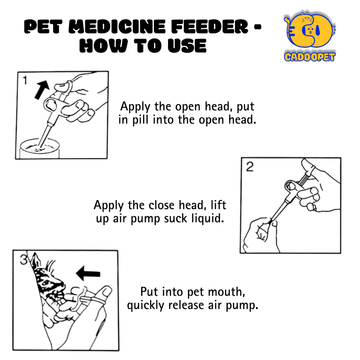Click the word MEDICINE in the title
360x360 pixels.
click(117, 27)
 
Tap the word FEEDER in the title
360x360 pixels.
click(210, 27)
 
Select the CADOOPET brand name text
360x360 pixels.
click(309, 57)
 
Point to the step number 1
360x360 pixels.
click(25, 81)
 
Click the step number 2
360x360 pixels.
click(250, 167)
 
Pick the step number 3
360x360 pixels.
click(24, 260)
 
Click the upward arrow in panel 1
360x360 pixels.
click(42, 90)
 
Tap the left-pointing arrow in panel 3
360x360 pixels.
click(88, 273)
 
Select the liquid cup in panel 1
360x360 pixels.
click(39, 148)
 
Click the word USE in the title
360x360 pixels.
click(187, 46)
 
